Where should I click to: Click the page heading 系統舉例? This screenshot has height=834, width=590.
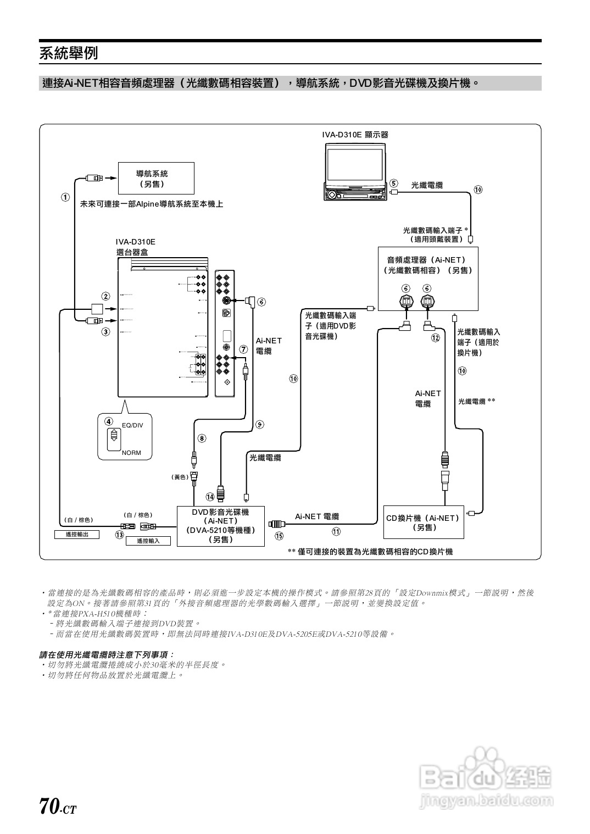(69, 53)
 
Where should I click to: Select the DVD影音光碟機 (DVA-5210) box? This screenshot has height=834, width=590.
(220, 526)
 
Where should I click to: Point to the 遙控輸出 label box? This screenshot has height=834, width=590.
(77, 534)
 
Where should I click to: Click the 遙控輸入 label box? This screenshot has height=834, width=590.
(148, 541)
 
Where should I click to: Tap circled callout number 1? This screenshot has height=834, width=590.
(65, 197)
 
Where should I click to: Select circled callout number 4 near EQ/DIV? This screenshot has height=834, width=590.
(109, 421)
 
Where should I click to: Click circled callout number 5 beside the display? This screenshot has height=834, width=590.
(393, 183)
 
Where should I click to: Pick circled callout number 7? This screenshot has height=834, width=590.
(243, 349)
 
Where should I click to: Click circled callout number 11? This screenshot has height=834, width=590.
(336, 531)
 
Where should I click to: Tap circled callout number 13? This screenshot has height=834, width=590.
(119, 535)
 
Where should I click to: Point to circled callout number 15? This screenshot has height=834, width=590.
(279, 536)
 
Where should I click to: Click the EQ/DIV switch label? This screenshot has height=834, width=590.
(132, 425)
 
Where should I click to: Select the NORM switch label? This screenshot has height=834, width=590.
(131, 453)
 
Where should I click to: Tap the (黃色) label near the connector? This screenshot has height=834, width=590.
(181, 477)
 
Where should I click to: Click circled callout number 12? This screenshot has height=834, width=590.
(436, 338)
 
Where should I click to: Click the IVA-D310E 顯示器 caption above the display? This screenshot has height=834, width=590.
(355, 135)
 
